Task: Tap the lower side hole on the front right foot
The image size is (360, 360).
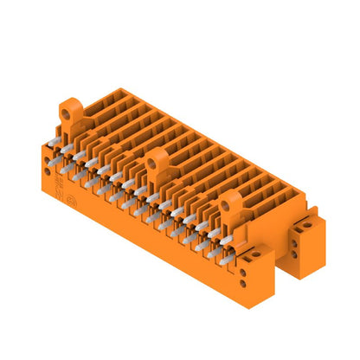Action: click(x=251, y=281)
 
